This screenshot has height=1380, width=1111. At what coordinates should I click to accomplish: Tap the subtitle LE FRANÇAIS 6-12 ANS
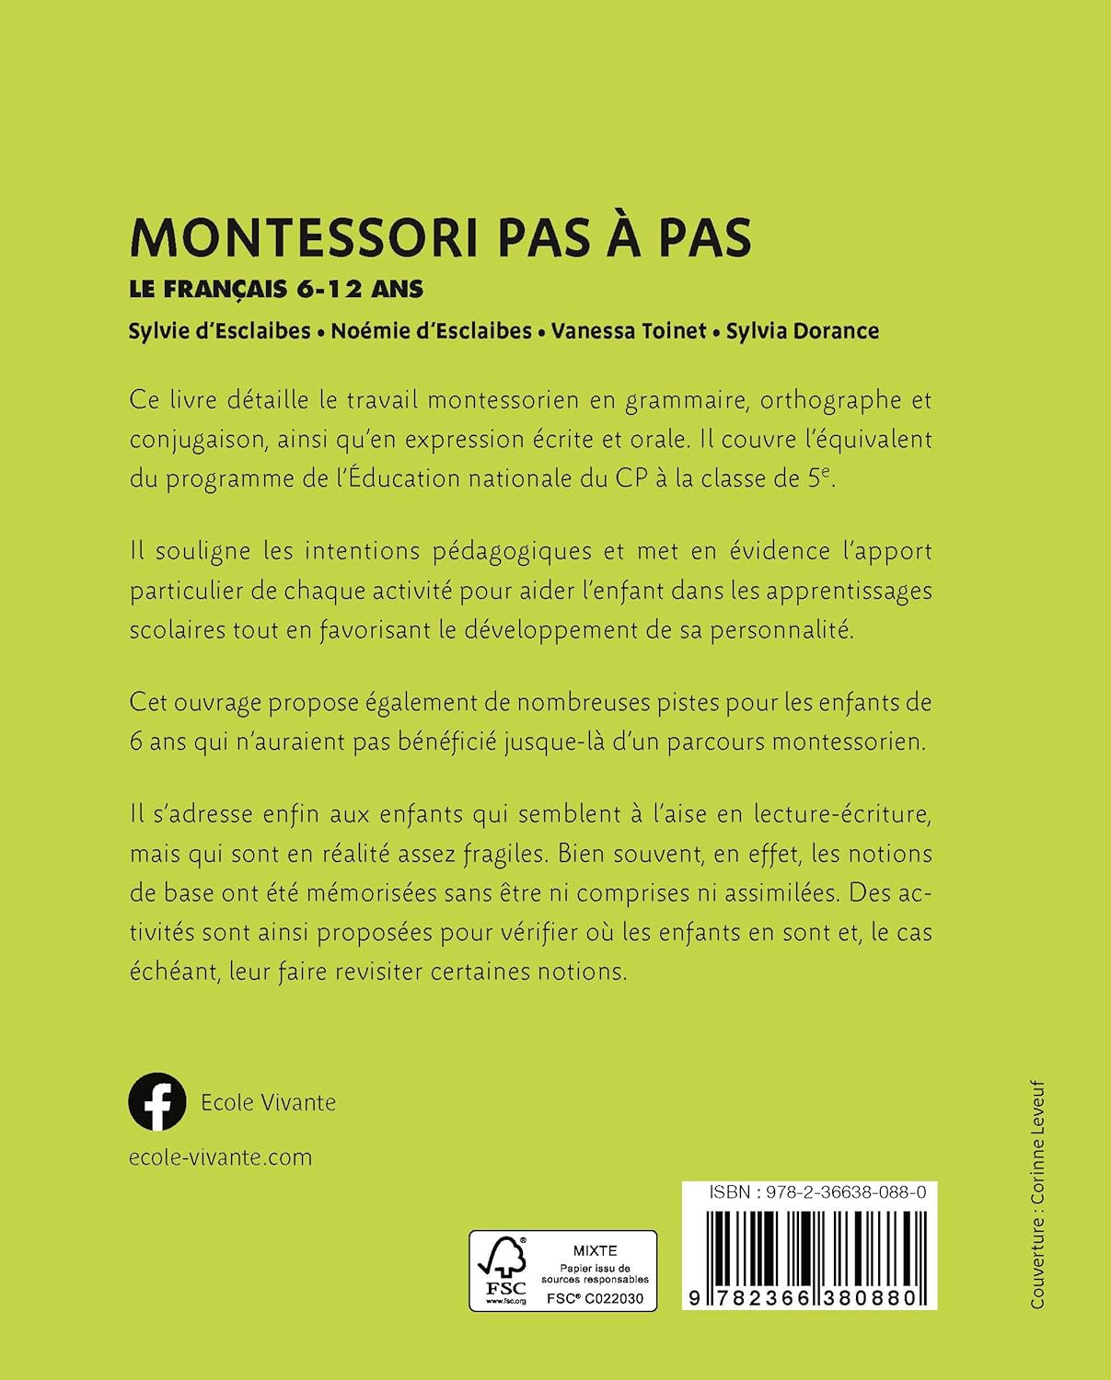276,288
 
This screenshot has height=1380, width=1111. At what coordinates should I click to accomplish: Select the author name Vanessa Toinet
629,331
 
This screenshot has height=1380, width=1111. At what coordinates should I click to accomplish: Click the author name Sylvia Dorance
802,331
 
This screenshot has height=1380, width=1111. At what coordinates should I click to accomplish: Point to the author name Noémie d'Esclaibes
431,331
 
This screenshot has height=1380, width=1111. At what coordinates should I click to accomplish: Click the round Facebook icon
157,1101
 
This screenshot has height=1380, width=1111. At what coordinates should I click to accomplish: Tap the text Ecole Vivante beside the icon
268,1102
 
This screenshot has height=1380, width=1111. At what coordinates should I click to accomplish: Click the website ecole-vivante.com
221,1156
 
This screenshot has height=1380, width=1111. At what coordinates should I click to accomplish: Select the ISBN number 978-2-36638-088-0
839,1192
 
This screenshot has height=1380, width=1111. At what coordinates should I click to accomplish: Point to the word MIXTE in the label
595,1250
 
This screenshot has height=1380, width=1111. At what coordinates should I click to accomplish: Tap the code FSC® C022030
596,1298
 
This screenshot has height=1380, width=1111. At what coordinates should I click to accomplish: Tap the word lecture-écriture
843,814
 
